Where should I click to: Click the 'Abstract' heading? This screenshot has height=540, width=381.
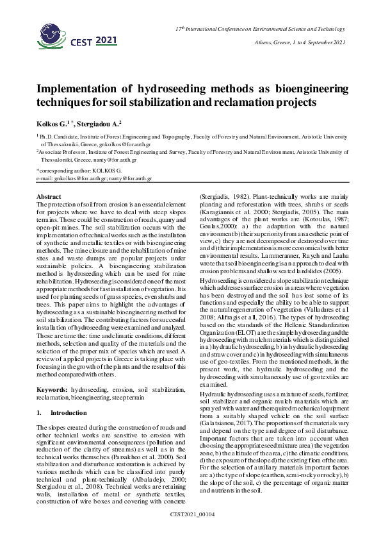[49, 196]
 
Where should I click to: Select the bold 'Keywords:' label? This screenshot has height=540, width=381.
[52, 372]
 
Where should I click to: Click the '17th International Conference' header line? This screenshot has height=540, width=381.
[259, 30]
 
